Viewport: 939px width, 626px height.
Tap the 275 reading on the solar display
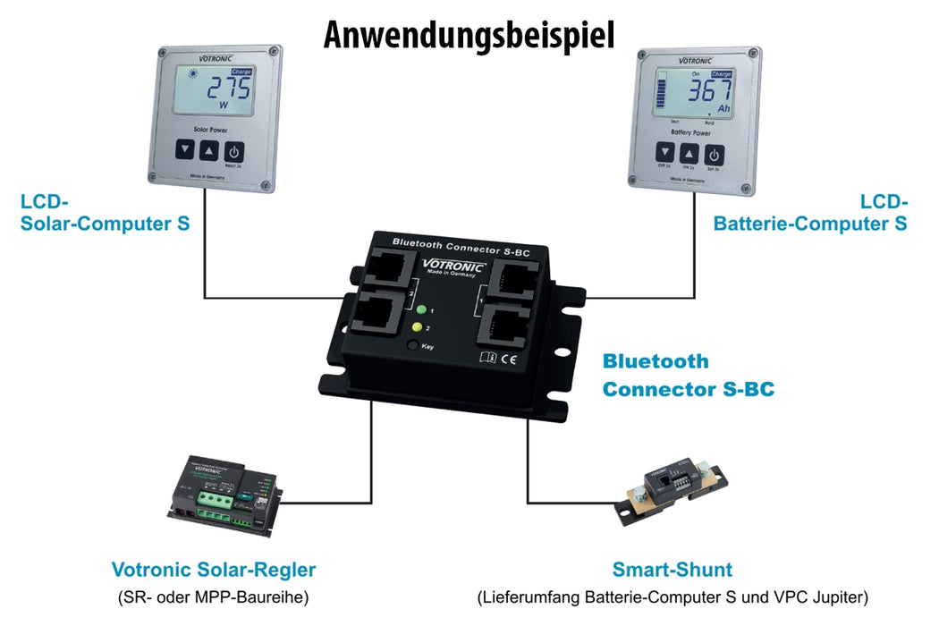(228, 89)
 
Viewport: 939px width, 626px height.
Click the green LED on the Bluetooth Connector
(421, 310)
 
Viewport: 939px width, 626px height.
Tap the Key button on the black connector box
(411, 344)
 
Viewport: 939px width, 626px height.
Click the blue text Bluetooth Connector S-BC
(688, 376)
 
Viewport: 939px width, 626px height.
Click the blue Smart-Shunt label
(672, 570)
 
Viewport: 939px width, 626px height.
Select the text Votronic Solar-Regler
(214, 570)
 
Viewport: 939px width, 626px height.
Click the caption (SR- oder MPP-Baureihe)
(214, 596)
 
